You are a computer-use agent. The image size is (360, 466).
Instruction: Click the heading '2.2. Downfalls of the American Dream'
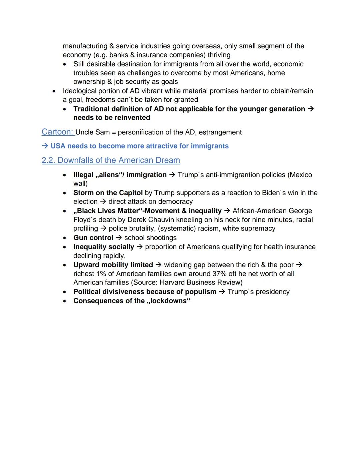pyautogui.click(x=111, y=160)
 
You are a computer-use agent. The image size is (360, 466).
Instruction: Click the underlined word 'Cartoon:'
pyautogui.click(x=58, y=132)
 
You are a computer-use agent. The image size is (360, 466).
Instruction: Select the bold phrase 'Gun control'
pyautogui.click(x=93, y=238)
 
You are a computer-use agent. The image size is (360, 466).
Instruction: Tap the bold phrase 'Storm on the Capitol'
pyautogui.click(x=108, y=193)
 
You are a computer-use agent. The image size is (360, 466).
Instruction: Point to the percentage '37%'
pyautogui.click(x=219, y=274)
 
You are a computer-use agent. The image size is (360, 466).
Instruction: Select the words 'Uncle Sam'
pyautogui.click(x=92, y=132)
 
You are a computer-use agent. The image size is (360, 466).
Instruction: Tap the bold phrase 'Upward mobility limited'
pyautogui.click(x=113, y=265)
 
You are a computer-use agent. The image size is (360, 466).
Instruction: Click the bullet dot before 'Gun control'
pyautogui.click(x=64, y=238)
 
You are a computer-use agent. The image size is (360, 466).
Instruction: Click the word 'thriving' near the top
pyautogui.click(x=219, y=55)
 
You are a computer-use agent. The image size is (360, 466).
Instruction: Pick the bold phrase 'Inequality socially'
pyautogui.click(x=104, y=247)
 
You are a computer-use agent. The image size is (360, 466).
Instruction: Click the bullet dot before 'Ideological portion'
pyautogui.click(x=54, y=91)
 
